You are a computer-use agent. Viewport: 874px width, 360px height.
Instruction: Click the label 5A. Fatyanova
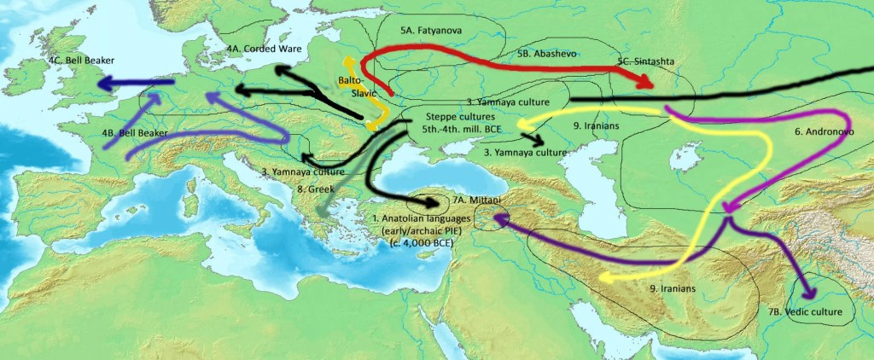(432, 31)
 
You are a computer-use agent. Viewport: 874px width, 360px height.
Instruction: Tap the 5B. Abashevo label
(546, 54)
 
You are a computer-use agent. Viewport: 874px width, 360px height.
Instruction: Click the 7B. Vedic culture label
(805, 313)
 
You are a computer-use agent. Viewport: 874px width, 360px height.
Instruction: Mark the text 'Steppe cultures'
(459, 117)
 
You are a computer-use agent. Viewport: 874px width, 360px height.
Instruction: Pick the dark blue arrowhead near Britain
(106, 83)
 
